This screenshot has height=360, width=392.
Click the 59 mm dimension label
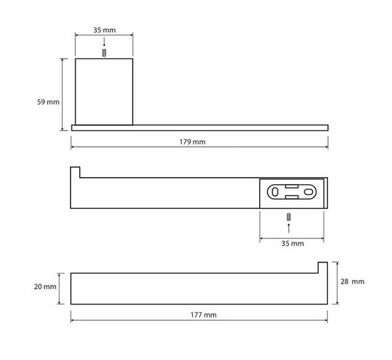48,102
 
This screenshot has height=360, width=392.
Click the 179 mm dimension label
192,142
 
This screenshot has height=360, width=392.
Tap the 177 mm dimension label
203,315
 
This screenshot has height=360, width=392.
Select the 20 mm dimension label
45,287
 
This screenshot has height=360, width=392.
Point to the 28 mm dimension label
352,282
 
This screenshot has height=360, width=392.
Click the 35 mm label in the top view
105,30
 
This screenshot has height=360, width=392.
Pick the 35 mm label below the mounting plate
293,244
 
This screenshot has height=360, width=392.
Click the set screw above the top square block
105,53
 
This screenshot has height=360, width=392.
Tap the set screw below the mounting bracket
289,217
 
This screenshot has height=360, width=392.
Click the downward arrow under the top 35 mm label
105,42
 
